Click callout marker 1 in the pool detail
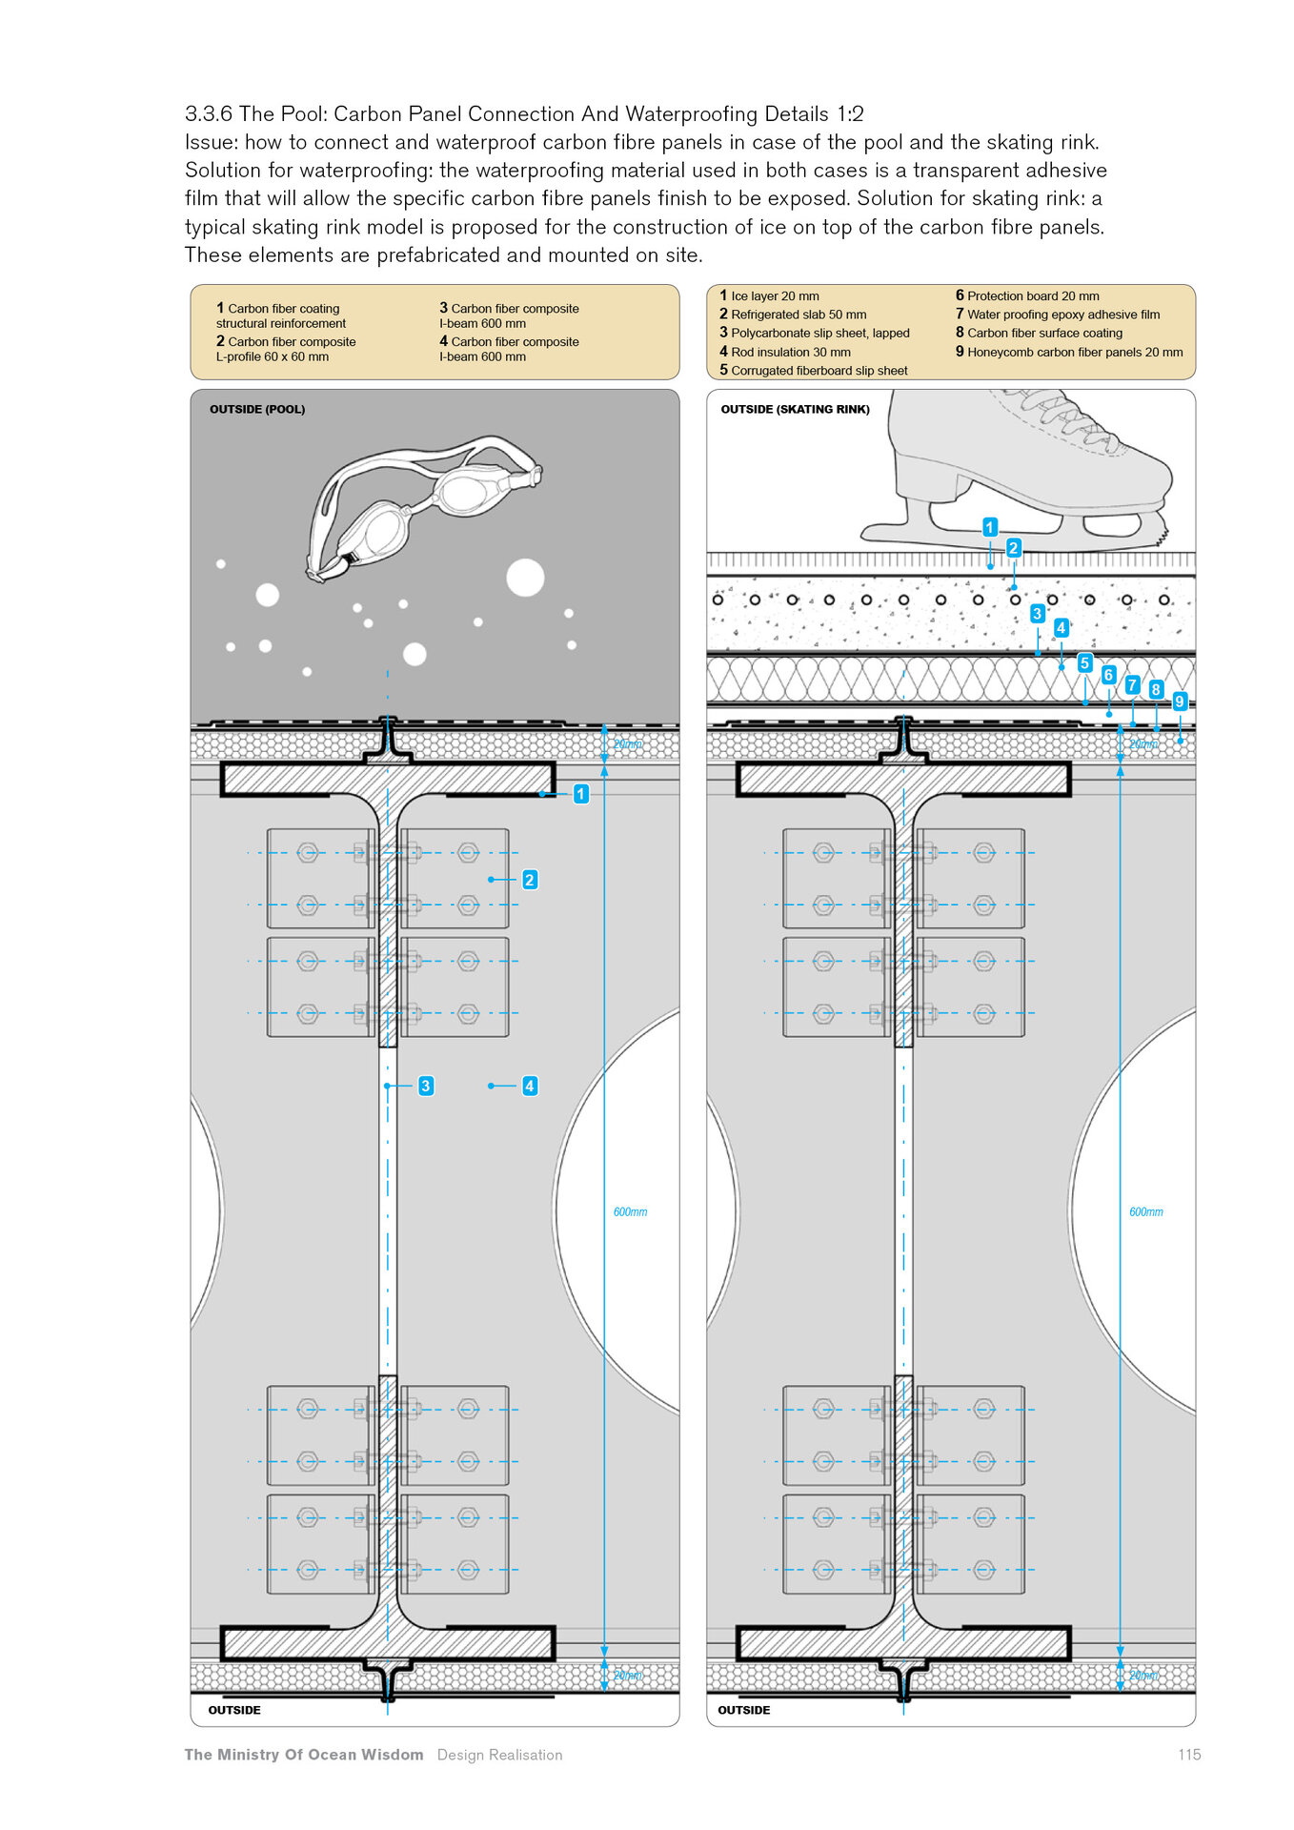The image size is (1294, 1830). pyautogui.click(x=580, y=794)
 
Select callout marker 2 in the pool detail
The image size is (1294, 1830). pyautogui.click(x=530, y=880)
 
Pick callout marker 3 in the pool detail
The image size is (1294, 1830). pyautogui.click(x=426, y=1086)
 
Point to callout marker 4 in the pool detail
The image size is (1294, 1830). pyautogui.click(x=530, y=1086)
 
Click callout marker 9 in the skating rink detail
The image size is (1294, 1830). pyautogui.click(x=1180, y=701)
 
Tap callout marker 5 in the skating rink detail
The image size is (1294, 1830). pyautogui.click(x=1084, y=663)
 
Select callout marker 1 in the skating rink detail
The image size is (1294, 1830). pyautogui.click(x=990, y=527)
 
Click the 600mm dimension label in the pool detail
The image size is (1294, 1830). pyautogui.click(x=630, y=1212)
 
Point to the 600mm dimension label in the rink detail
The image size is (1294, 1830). pyautogui.click(x=1146, y=1212)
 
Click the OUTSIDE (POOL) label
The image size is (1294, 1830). pyautogui.click(x=257, y=410)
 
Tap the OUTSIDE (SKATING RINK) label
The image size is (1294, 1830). pyautogui.click(x=795, y=410)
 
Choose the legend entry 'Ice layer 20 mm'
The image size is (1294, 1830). pyautogui.click(x=770, y=296)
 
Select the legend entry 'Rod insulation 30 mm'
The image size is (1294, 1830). pyautogui.click(x=785, y=352)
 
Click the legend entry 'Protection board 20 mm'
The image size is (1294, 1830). pyautogui.click(x=1028, y=296)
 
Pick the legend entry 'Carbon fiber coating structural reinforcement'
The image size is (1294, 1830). pyautogui.click(x=281, y=315)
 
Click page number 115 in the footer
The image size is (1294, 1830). pyautogui.click(x=1189, y=1755)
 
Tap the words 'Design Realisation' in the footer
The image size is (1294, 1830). pyautogui.click(x=499, y=1755)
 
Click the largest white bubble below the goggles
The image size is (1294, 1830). pyautogui.click(x=525, y=578)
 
